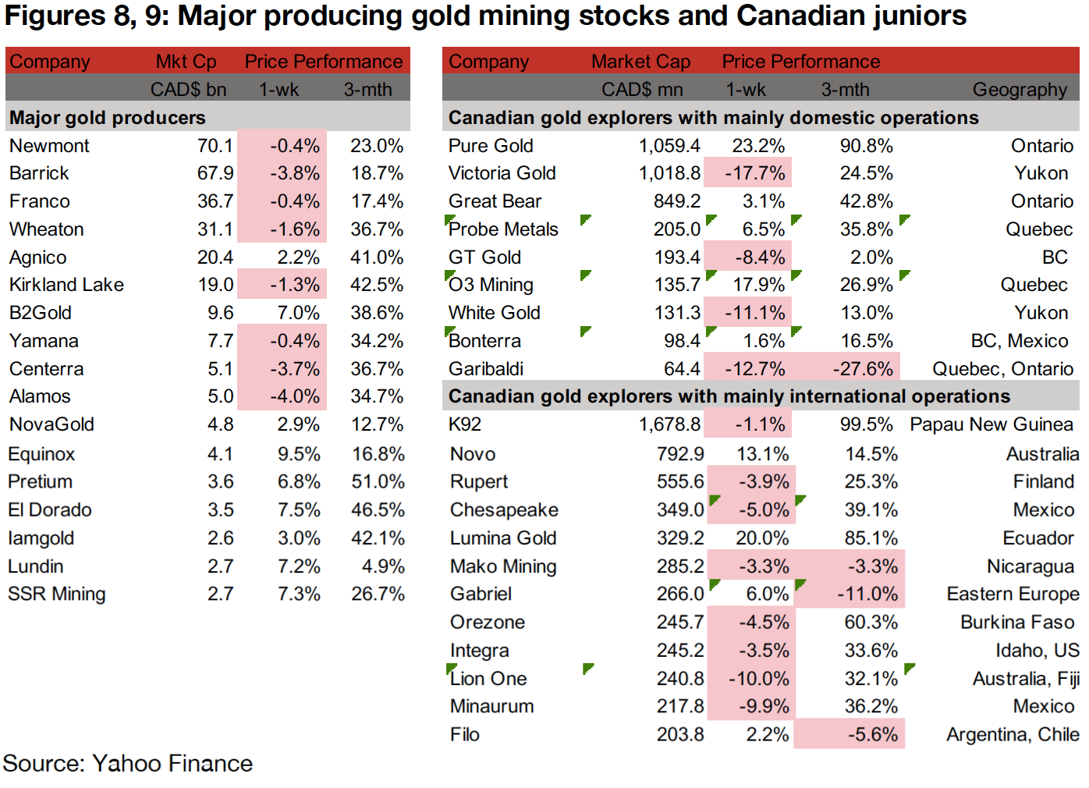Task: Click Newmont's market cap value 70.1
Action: [215, 146]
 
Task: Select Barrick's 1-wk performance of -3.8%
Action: [295, 173]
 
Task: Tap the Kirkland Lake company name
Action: [66, 285]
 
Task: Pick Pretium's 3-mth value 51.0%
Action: [378, 482]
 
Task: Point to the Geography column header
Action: [1019, 90]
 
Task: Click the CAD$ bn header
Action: [188, 90]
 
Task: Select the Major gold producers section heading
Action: [108, 118]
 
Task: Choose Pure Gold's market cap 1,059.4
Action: [669, 146]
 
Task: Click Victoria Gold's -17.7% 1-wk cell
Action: [754, 173]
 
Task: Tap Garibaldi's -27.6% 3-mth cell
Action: [862, 369]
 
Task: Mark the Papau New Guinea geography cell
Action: [991, 424]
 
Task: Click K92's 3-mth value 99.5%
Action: [866, 424]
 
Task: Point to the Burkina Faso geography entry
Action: [1016, 623]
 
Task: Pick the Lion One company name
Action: [488, 679]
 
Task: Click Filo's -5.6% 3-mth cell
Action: [872, 735]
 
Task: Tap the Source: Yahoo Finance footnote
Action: [128, 764]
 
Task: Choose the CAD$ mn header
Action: [641, 90]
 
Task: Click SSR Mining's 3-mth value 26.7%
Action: [378, 595]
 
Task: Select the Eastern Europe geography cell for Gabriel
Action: [1012, 595]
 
